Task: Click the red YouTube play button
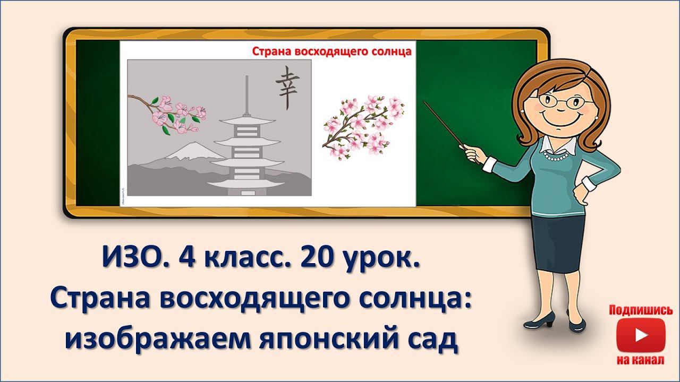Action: (641, 335)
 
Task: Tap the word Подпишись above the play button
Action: (641, 310)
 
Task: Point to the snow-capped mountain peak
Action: (183, 151)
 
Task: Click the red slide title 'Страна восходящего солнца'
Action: (331, 51)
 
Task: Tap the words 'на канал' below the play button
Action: (641, 361)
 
